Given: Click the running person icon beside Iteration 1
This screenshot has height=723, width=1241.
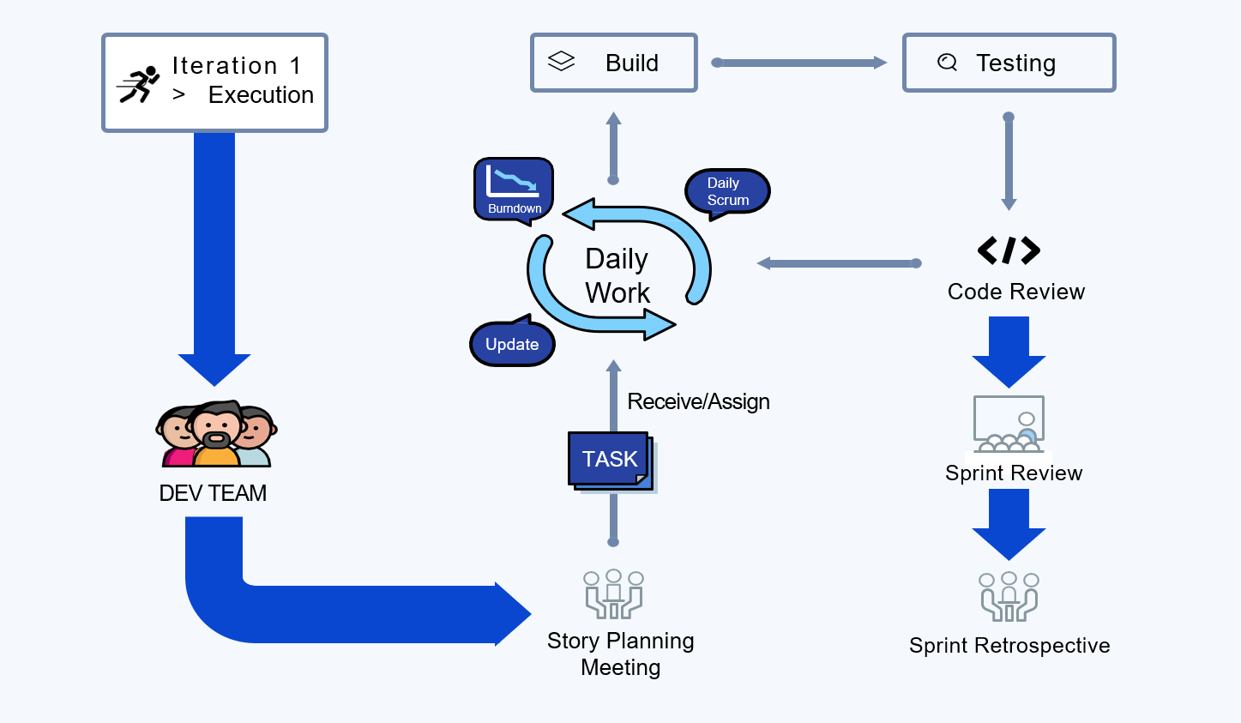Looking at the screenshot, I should pos(139,84).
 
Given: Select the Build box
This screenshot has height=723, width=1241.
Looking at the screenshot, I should pos(613,63).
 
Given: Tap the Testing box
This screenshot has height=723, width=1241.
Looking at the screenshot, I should pos(1009,63).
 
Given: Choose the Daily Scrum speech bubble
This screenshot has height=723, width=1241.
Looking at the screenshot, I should pos(727,191).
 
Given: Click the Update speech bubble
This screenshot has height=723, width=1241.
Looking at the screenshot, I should pos(512,344).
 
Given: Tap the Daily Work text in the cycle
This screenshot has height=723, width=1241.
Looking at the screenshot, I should pos(617,275).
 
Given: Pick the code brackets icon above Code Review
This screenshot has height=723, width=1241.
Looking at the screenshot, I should pos(1009,250).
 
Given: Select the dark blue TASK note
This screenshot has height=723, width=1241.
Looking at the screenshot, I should pos(609,459).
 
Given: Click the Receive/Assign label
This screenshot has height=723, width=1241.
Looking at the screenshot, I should pos(698,401).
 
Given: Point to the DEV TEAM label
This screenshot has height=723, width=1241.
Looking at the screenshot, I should pos(213,493).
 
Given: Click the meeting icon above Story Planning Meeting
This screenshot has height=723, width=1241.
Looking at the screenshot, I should pos(613,593).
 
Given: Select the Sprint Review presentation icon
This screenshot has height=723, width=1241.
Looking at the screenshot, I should pos(1009,423).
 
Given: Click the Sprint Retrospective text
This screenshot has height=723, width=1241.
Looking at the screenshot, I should pos(1009,646).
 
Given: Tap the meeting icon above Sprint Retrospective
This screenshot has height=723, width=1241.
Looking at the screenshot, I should pos(1009,596).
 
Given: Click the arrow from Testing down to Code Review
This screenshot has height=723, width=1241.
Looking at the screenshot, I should pos(1009,162).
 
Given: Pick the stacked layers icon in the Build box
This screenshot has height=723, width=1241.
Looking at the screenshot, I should pos(561,62).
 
